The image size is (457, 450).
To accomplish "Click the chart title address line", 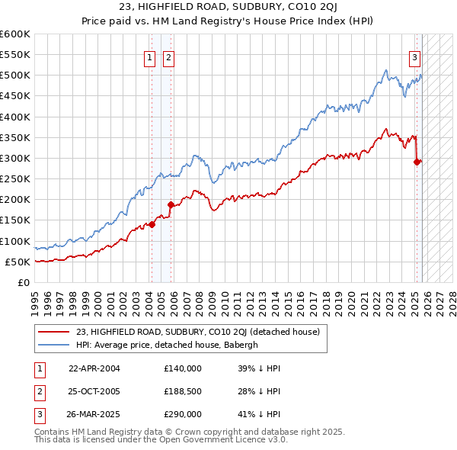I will click(x=228, y=8).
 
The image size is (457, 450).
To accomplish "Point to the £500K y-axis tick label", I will click(x=15, y=76).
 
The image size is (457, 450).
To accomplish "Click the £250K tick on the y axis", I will click(x=15, y=179).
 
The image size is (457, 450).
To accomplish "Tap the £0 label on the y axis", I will click(x=24, y=282).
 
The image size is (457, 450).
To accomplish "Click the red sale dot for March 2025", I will click(x=417, y=162).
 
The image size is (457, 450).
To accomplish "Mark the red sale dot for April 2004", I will click(x=152, y=224).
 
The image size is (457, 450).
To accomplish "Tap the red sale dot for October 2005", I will click(x=171, y=204).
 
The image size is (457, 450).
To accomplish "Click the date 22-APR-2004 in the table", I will click(x=94, y=368).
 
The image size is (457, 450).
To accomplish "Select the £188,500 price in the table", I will click(x=183, y=392).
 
